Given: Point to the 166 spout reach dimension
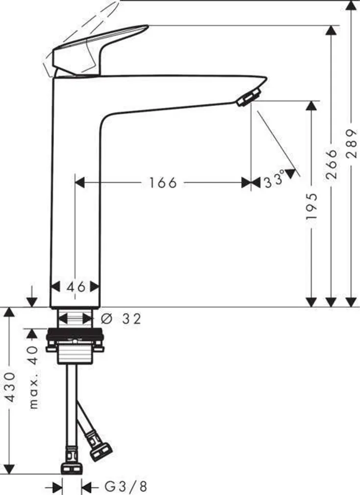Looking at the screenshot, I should (163, 183).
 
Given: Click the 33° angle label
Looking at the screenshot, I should (274, 181).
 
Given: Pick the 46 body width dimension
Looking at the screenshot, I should (75, 287).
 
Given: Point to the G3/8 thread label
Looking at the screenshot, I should (125, 487).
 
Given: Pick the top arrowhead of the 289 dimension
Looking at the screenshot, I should (351, 6).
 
